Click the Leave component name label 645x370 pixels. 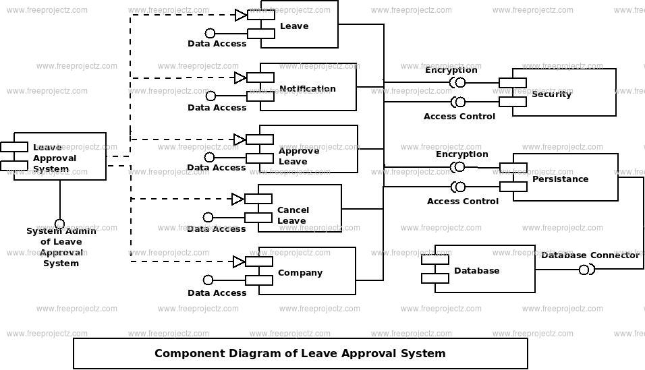294,26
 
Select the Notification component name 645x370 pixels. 307,88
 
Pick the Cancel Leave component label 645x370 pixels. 293,215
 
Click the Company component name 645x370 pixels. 300,272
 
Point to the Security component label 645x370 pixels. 551,94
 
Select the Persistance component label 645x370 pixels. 560,179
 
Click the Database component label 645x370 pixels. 477,270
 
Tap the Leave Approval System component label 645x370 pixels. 54,158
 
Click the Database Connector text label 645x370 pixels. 590,255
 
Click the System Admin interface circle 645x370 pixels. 59,224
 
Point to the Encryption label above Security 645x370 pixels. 451,70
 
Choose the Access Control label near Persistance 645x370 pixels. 462,201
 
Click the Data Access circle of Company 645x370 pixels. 208,280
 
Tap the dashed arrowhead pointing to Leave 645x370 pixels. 241,16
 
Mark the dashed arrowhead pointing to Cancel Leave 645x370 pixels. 237,199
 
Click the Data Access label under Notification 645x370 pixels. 217,107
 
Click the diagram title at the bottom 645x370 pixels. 300,353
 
